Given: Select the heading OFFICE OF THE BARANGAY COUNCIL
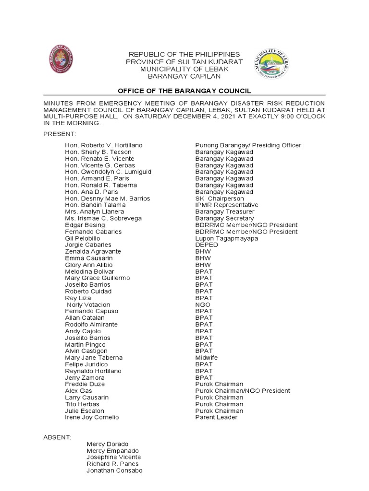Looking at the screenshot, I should point(184,91).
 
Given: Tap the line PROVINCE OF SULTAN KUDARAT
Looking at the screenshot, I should point(184,62).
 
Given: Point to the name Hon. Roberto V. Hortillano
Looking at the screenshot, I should point(104,145).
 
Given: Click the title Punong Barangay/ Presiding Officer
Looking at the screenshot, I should point(248,145).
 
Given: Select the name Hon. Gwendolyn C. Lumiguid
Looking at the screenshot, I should point(108,172).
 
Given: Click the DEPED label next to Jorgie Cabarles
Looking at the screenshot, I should point(207,245).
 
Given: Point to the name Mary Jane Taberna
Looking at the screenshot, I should point(94,358).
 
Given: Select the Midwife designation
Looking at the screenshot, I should point(207,358).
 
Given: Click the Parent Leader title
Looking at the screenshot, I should point(216,417).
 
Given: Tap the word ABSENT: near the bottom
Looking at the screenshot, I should point(57,437).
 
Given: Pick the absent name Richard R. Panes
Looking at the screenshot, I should point(112,464).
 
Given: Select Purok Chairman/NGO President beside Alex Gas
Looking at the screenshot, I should point(243,391).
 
